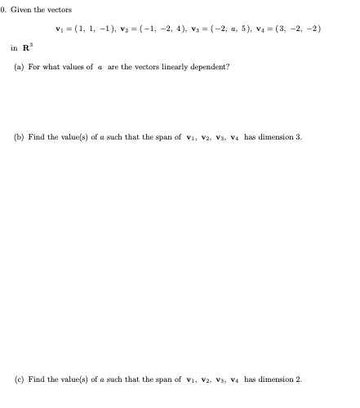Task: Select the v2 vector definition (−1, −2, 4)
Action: pyautogui.click(x=156, y=29)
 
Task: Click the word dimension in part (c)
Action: pyautogui.click(x=275, y=379)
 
